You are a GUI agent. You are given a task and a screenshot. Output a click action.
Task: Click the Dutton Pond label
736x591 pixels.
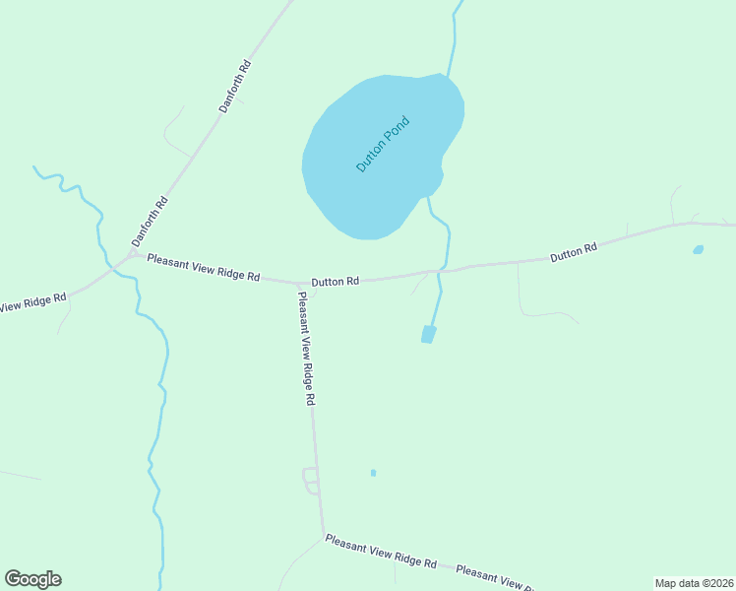[x=382, y=145]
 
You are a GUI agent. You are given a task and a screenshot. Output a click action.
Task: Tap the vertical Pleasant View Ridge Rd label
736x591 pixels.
[x=306, y=348]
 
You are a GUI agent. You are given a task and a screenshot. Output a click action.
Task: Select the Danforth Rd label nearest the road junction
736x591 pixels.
[x=151, y=222]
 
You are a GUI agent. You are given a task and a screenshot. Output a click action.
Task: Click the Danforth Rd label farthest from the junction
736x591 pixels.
[x=235, y=87]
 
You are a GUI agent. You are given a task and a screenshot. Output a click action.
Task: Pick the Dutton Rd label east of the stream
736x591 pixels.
[x=574, y=253]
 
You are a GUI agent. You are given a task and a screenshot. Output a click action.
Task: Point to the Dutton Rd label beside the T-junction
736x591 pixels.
[x=336, y=282]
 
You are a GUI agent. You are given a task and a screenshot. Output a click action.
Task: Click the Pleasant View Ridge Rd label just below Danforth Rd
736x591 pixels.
[x=204, y=268]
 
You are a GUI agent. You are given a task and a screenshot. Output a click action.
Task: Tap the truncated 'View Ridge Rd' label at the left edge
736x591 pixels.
[x=32, y=302]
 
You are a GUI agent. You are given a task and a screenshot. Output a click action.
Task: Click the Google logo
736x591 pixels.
[x=32, y=579]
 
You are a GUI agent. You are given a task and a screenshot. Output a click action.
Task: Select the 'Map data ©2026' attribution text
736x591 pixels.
[x=695, y=583]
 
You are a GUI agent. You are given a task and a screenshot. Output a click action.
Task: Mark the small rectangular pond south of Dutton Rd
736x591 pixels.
[x=428, y=335]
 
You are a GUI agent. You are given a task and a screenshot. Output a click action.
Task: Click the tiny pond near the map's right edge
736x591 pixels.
[x=698, y=250]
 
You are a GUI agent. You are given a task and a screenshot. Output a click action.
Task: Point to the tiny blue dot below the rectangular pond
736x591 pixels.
[x=373, y=473]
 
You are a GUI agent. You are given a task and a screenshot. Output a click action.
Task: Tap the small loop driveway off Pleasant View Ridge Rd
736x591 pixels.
[x=311, y=481]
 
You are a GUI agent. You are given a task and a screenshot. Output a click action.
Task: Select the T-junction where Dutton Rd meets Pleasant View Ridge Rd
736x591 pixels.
[x=298, y=283]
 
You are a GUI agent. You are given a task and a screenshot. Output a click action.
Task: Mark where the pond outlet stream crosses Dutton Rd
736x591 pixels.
[x=444, y=269]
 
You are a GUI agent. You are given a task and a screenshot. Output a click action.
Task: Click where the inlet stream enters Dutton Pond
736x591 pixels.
[x=449, y=77]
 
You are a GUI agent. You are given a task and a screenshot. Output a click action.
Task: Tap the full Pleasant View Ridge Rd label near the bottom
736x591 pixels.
[x=381, y=552]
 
